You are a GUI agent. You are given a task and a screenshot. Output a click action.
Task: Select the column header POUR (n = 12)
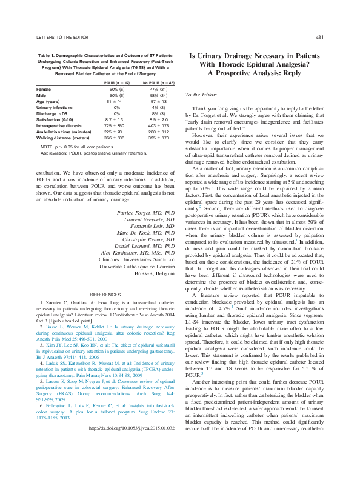115,81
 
